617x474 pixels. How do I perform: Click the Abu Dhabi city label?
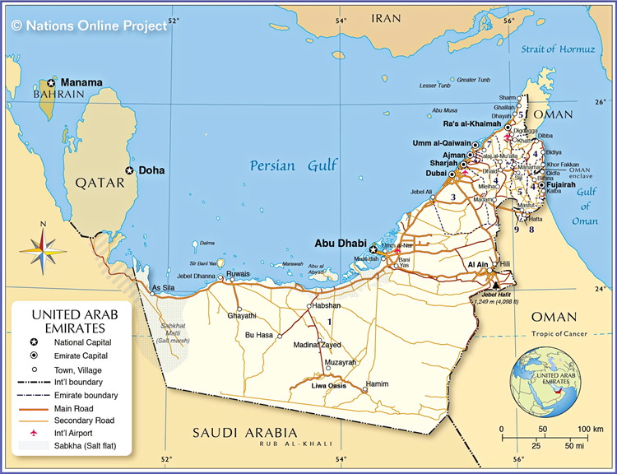tap(341, 243)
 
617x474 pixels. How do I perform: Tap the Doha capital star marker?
tap(129, 170)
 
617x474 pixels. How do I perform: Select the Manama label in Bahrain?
tap(82, 82)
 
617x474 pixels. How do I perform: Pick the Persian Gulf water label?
tap(295, 166)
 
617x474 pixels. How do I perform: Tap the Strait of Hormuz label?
tap(558, 49)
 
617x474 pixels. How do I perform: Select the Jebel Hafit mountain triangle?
tap(495, 287)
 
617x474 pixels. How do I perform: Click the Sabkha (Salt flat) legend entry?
tap(85, 445)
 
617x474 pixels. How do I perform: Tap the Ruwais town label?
tap(238, 274)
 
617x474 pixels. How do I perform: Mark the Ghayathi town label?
tap(241, 315)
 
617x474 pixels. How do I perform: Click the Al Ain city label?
tap(478, 265)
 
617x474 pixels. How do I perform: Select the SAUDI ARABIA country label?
tap(244, 433)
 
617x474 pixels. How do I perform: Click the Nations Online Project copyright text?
tap(89, 26)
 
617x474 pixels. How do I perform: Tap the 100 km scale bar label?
tap(589, 430)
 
